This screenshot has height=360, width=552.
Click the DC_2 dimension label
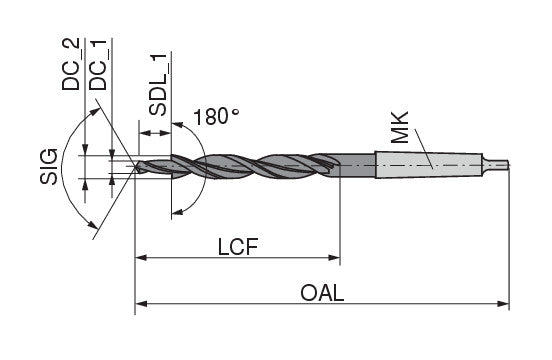coord(70,63)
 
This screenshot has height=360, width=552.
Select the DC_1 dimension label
coord(98,64)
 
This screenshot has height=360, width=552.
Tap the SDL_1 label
coord(157,84)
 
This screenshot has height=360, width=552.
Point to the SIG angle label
coord(49,166)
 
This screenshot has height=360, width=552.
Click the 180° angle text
coord(216,117)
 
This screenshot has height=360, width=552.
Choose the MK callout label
coord(400,127)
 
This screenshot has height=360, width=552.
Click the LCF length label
coord(238,247)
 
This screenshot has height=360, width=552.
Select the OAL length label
coord(322,293)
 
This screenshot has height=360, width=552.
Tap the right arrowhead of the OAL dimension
coord(504,303)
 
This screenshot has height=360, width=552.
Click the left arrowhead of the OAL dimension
coord(141,303)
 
